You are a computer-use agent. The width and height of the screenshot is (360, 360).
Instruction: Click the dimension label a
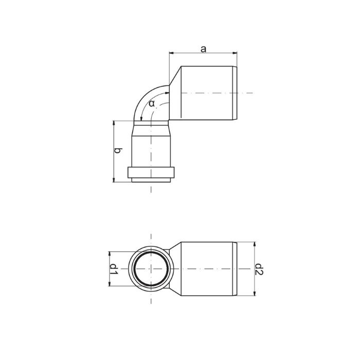point(204,49)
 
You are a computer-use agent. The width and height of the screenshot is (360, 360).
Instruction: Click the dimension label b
point(118,151)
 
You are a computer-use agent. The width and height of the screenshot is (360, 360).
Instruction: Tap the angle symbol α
point(152,103)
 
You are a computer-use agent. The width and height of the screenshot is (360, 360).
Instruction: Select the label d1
point(114,269)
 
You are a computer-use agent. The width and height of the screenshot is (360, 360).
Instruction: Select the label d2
point(259,269)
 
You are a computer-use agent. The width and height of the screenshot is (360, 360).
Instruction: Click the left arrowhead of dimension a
point(171,53)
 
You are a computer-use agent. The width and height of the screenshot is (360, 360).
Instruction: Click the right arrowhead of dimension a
point(235,53)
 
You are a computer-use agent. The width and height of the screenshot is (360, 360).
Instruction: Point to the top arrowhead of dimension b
point(114,123)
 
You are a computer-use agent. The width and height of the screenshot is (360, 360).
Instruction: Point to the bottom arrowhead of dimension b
point(114,180)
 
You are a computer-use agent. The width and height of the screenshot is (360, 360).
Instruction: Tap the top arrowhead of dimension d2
point(255,244)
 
